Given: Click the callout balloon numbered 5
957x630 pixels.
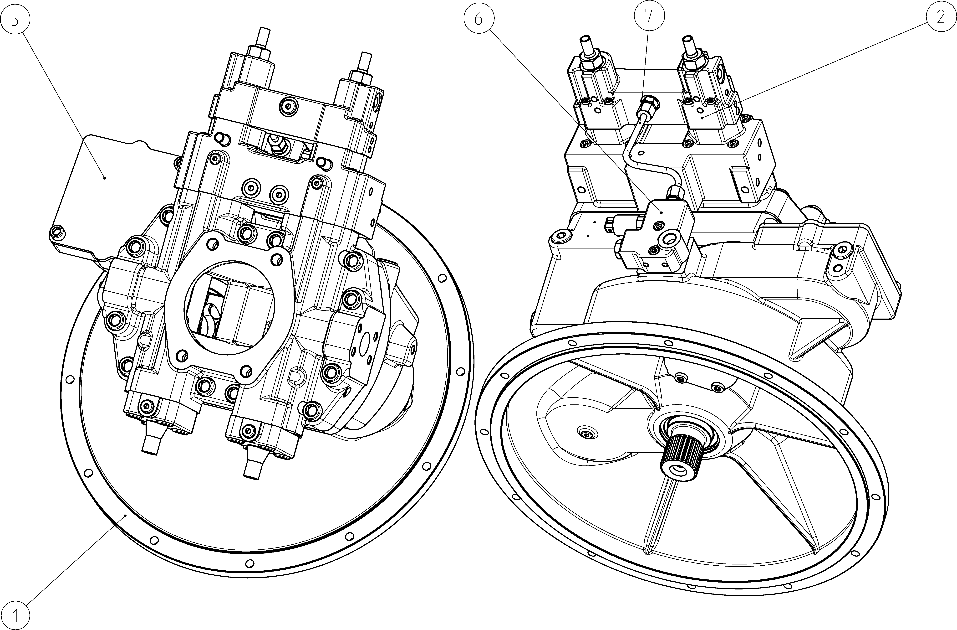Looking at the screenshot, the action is (15, 19).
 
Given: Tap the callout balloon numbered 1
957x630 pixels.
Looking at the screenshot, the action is (15, 615).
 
